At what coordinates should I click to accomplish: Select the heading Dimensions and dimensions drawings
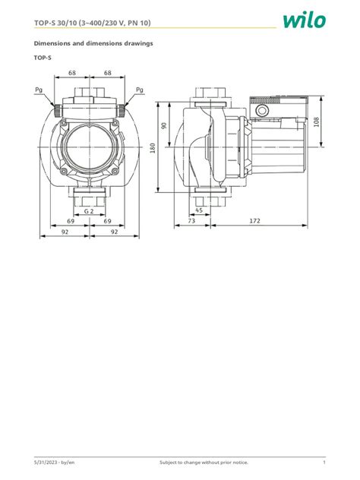point(93,43)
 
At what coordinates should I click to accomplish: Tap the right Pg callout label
point(139,90)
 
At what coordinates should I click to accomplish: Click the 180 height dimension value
point(153,148)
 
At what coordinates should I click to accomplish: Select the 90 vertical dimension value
point(163,125)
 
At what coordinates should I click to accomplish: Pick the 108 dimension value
point(316,121)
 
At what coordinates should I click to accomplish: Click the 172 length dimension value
point(255,221)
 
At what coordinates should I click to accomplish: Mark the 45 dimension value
point(200,210)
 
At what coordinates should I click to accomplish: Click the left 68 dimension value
point(71,74)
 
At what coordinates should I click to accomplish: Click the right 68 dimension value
point(108,74)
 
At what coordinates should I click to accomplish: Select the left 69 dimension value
point(71,221)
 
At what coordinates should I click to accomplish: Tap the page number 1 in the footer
point(324,463)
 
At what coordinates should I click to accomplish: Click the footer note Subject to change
point(203,463)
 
